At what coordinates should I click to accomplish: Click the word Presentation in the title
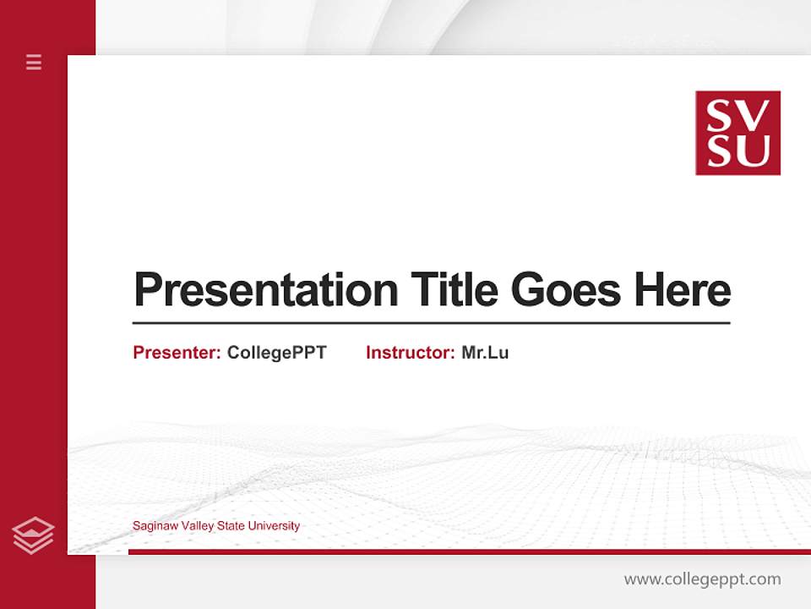click(265, 290)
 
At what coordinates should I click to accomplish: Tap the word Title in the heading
click(454, 290)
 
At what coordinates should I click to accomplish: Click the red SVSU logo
click(738, 133)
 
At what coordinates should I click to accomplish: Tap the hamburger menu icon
click(34, 62)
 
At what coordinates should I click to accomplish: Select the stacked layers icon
click(33, 535)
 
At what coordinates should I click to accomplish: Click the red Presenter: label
click(177, 353)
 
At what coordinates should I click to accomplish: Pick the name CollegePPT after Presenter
click(276, 353)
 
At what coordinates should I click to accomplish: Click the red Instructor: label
click(410, 353)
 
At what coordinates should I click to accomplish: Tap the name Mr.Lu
click(485, 353)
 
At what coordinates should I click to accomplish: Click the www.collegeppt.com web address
click(702, 579)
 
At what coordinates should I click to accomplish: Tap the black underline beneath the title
click(431, 322)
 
